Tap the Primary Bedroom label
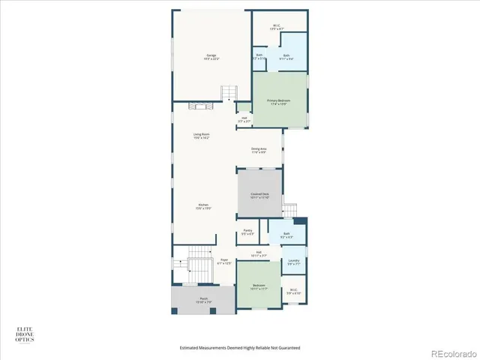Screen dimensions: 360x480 (278, 102)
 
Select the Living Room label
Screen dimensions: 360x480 (202, 136)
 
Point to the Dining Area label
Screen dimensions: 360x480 (259, 150)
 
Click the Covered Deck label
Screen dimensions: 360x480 (259, 195)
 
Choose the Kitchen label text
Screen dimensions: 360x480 (202, 206)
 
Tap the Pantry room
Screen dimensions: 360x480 (247, 232)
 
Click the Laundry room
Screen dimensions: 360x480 (293, 262)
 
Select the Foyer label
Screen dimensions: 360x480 (223, 261)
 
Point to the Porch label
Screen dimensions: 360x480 (203, 301)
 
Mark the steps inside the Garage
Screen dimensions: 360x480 (228, 93)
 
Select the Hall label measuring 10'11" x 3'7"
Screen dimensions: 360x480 (258, 254)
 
